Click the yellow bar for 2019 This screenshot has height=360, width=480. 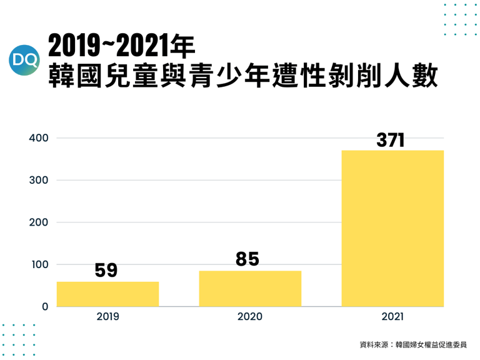(107, 294)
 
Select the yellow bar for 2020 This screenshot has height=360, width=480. (250, 288)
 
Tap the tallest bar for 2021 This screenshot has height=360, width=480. (392, 228)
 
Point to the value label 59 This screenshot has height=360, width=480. (106, 270)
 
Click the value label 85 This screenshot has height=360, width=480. (247, 259)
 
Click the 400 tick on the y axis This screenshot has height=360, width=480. (39, 138)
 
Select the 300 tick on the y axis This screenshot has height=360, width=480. (39, 180)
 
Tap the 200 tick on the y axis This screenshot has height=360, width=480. (39, 222)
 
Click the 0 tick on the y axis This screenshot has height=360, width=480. (45, 307)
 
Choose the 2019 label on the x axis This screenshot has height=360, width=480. (107, 317)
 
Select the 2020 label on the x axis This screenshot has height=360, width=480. (250, 317)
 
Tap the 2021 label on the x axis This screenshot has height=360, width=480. (392, 317)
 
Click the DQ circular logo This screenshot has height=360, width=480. (26, 61)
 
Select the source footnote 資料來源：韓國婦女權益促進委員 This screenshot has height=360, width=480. (412, 344)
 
